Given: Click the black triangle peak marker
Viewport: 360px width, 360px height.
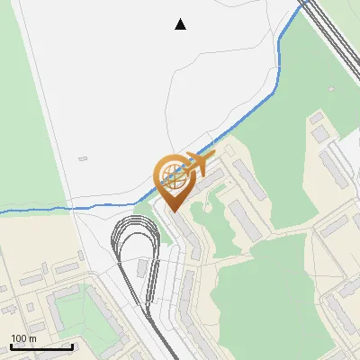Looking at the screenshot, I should click(181, 24).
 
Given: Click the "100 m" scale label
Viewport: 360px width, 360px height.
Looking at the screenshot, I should click(23, 337).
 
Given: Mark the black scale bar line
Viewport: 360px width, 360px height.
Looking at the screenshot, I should click(41, 346).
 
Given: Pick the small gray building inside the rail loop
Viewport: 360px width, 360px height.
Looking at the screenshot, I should click(143, 269).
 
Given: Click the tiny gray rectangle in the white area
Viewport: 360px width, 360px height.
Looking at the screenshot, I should click(83, 159).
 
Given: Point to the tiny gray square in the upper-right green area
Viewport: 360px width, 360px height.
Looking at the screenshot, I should click(331, 89).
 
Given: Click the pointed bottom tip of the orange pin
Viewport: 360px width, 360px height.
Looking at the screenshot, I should click(175, 211).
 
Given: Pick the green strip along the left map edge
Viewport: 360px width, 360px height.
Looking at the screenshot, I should click(27, 135).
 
